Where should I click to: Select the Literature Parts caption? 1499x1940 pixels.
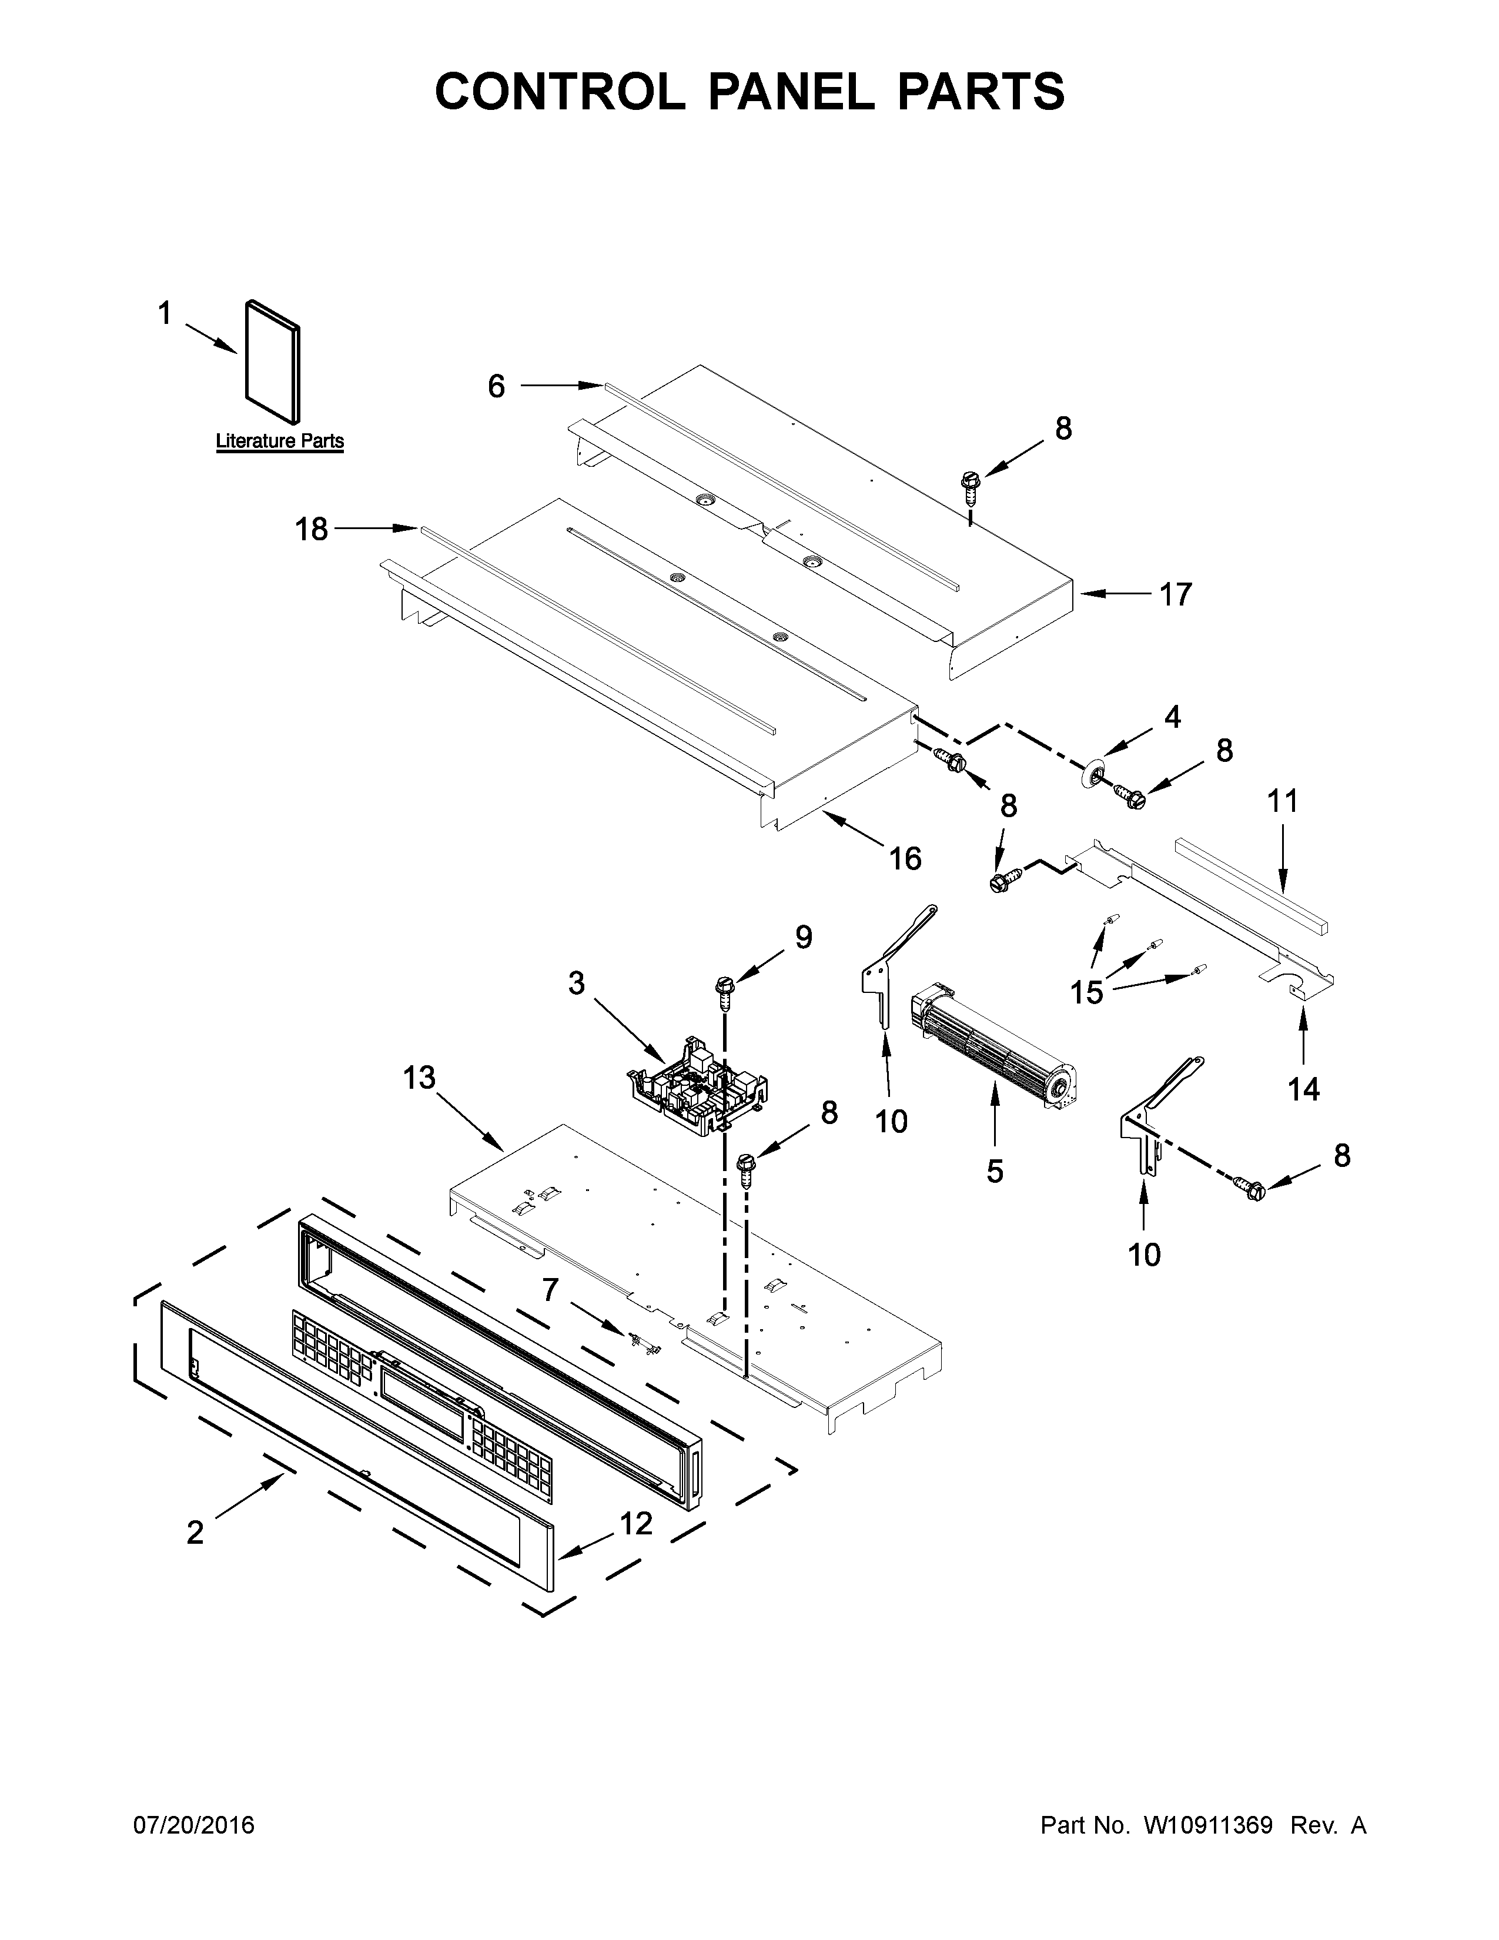pyautogui.click(x=280, y=441)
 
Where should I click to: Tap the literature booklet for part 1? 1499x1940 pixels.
pyautogui.click(x=272, y=362)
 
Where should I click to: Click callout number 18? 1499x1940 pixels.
pyautogui.click(x=312, y=530)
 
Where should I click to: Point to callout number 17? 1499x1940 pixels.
pyautogui.click(x=1176, y=594)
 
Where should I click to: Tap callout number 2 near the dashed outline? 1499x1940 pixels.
pyautogui.click(x=195, y=1532)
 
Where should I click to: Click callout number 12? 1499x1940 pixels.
pyautogui.click(x=636, y=1523)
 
